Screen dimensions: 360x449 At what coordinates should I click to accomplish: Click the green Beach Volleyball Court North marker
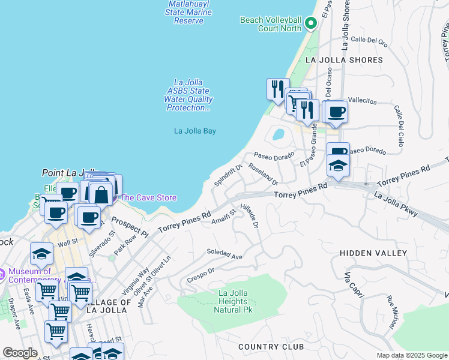tap(310, 23)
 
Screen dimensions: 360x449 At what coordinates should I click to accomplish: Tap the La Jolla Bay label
tap(194, 131)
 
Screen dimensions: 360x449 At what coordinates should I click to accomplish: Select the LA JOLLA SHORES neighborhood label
tap(344, 60)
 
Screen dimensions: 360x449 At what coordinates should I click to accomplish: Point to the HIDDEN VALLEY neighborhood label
tap(373, 254)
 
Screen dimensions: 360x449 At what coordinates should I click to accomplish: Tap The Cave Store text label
tap(149, 197)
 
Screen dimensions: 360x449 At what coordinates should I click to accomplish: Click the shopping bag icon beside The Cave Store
tap(101, 194)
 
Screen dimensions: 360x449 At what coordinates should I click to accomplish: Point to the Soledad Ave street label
tap(224, 254)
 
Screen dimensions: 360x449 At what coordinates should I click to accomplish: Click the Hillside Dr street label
tap(250, 215)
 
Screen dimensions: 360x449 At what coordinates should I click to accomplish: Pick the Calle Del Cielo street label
tap(399, 126)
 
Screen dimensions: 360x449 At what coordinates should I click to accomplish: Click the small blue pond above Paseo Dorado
tap(278, 134)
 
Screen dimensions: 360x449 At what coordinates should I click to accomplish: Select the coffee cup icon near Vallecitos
tap(337, 111)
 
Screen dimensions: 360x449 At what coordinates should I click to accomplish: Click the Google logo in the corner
tap(20, 353)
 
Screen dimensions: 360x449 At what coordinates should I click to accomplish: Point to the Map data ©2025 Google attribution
tap(411, 355)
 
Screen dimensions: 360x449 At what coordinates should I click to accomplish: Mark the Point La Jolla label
tap(65, 173)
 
